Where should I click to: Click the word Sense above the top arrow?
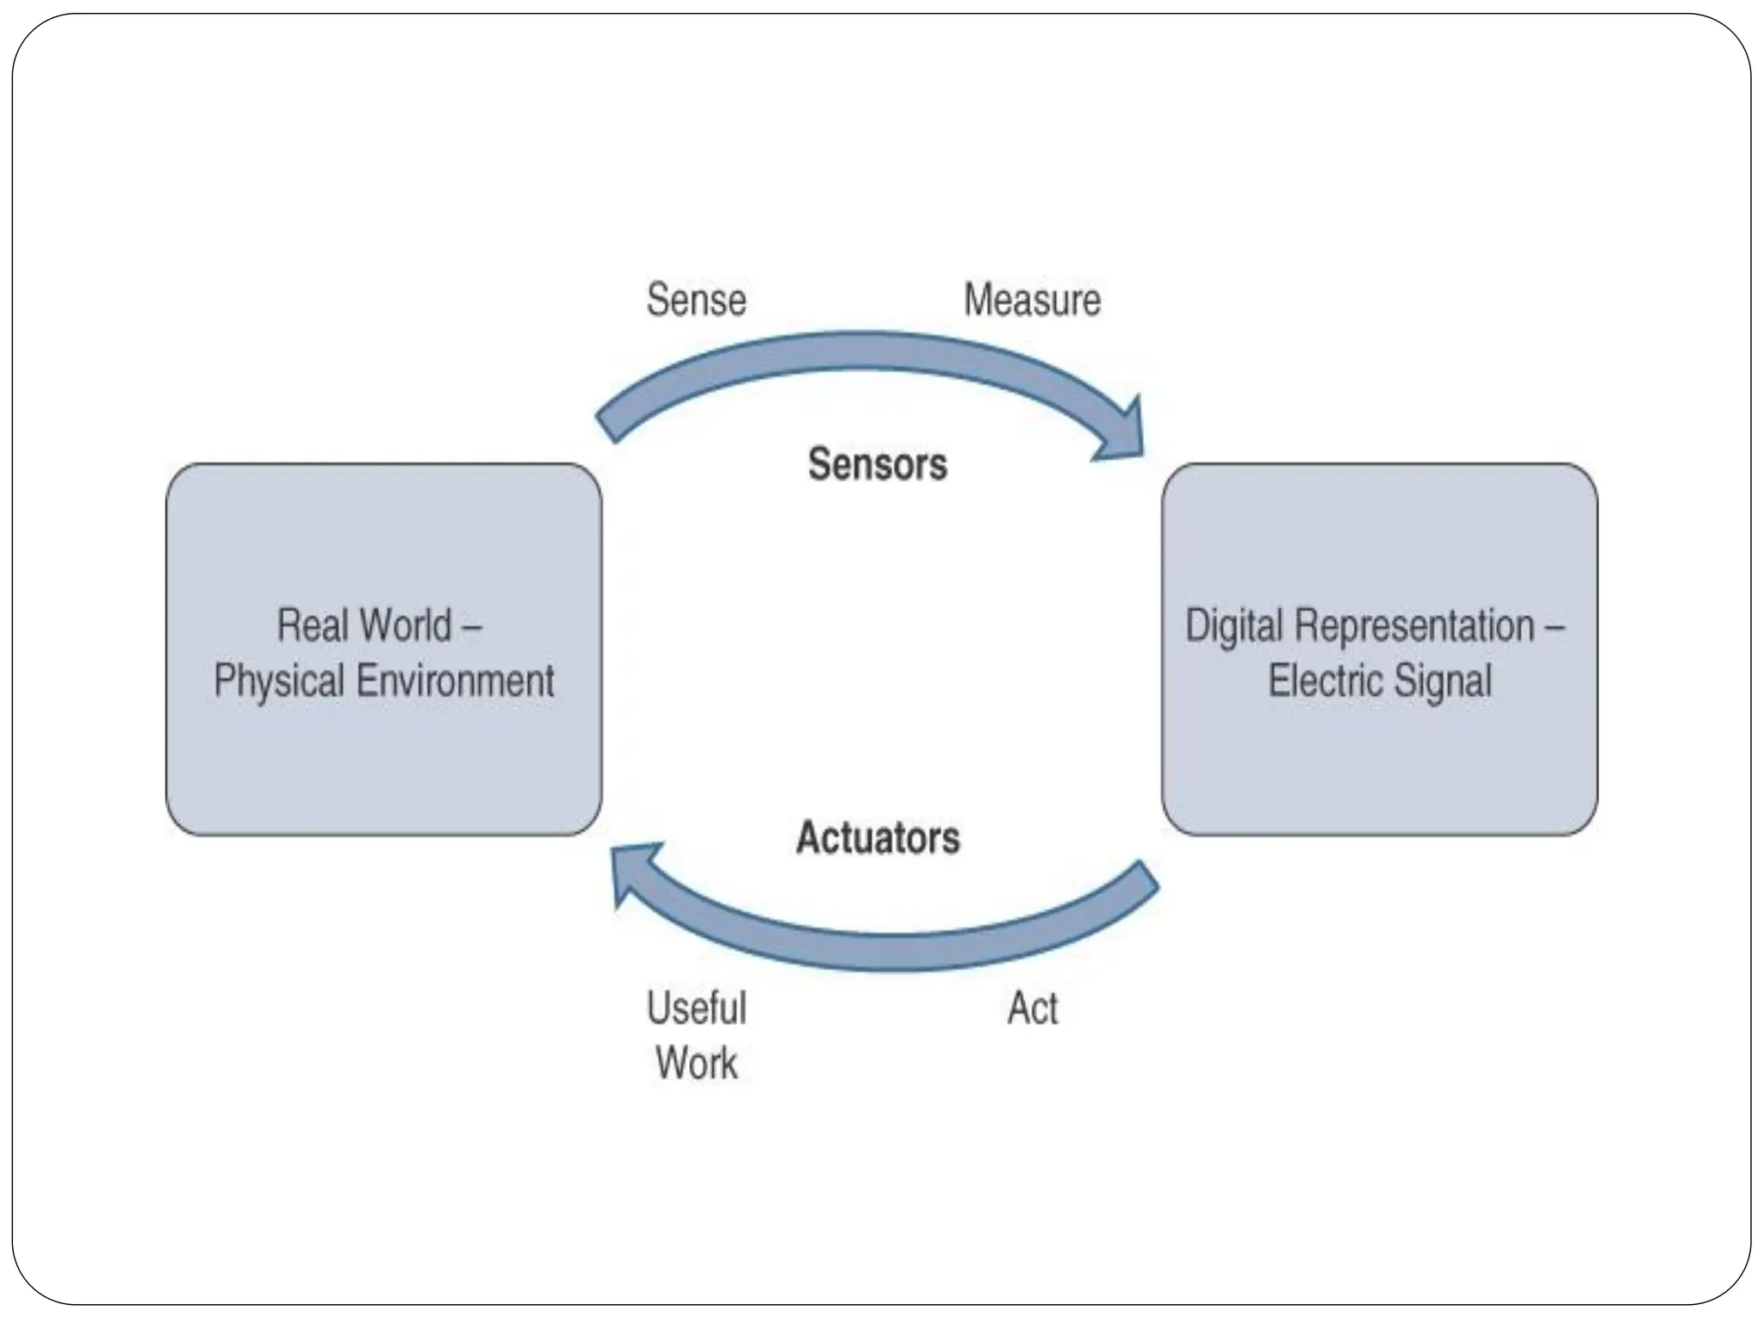pyautogui.click(x=696, y=300)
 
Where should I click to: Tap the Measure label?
pyautogui.click(x=1032, y=300)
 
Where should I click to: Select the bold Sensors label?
pyautogui.click(x=877, y=464)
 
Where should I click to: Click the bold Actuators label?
pyautogui.click(x=878, y=838)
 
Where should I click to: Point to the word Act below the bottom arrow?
pyautogui.click(x=1033, y=1008)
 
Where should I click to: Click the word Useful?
pyautogui.click(x=696, y=1008)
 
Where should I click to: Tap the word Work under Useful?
pyautogui.click(x=696, y=1063)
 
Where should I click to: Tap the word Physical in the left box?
pyautogui.click(x=279, y=680)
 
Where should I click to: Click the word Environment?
pyautogui.click(x=456, y=680)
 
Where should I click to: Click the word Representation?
pyautogui.click(x=1414, y=625)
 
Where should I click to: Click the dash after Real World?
pyautogui.click(x=471, y=626)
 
